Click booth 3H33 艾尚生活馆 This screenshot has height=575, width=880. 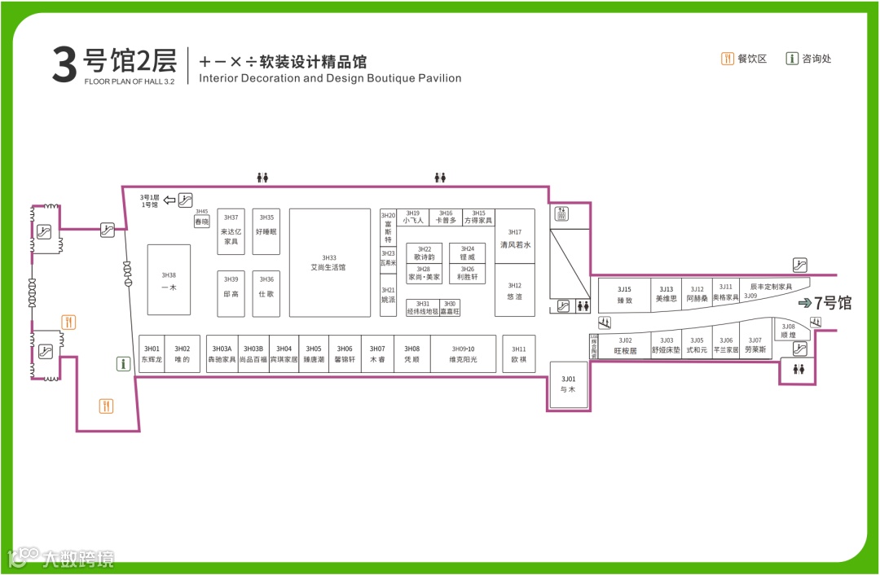pyautogui.click(x=329, y=262)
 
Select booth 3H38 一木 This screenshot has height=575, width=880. pyautogui.click(x=169, y=280)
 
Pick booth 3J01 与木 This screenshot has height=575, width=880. pyautogui.click(x=568, y=384)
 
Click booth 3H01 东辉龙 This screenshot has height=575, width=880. pyautogui.click(x=152, y=353)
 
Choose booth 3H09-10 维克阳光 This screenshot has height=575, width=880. pyautogui.click(x=463, y=353)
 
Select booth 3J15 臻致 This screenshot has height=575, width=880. pyautogui.click(x=624, y=295)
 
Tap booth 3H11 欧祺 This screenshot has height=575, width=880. pyautogui.click(x=519, y=353)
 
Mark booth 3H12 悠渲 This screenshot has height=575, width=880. pyautogui.click(x=515, y=292)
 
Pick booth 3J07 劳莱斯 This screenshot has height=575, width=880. pyautogui.click(x=755, y=345)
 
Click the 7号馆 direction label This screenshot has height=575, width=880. pyautogui.click(x=825, y=304)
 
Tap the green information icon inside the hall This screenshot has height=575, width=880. pyautogui.click(x=124, y=364)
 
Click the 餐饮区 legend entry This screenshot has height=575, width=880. pyautogui.click(x=745, y=59)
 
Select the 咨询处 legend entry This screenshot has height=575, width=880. pyautogui.click(x=809, y=59)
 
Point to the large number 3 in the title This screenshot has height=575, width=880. pyautogui.click(x=64, y=65)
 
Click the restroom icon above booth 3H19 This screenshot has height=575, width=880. pyautogui.click(x=440, y=177)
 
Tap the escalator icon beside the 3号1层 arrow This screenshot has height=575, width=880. pyautogui.click(x=186, y=199)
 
